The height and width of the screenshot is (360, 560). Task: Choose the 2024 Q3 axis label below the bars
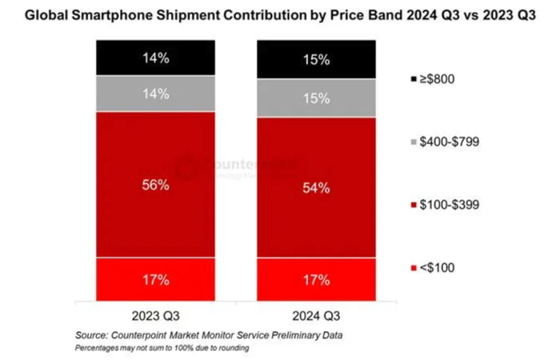[316, 314]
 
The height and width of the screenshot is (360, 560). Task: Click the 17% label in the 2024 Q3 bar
[316, 280]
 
